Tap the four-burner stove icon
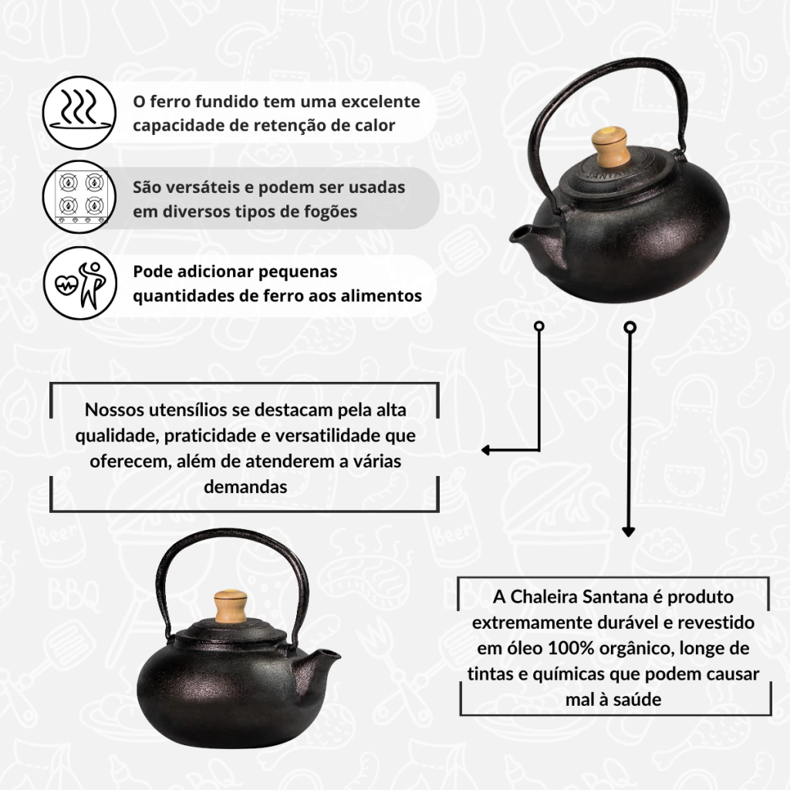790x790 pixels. (79, 197)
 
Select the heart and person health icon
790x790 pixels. (80, 284)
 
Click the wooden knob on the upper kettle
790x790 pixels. (609, 146)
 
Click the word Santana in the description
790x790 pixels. (615, 597)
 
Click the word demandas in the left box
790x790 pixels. (245, 488)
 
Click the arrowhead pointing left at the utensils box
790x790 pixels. (486, 450)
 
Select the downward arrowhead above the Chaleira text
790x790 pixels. (628, 532)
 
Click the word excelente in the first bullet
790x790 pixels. (380, 101)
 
